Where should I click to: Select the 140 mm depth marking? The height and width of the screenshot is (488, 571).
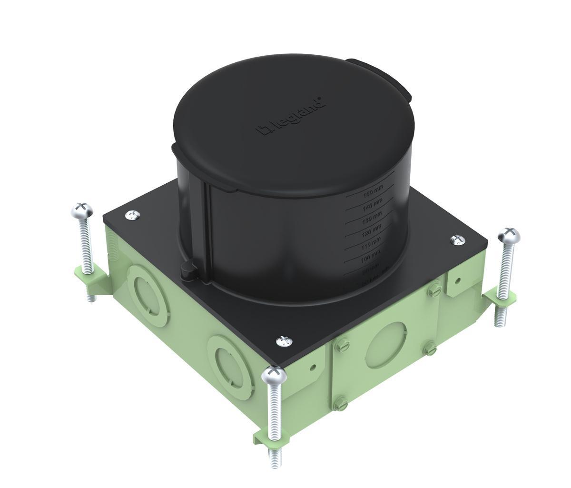tap(373, 205)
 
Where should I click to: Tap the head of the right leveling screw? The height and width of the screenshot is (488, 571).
tap(507, 234)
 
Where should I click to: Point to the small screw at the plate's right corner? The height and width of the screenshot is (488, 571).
tap(458, 239)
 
